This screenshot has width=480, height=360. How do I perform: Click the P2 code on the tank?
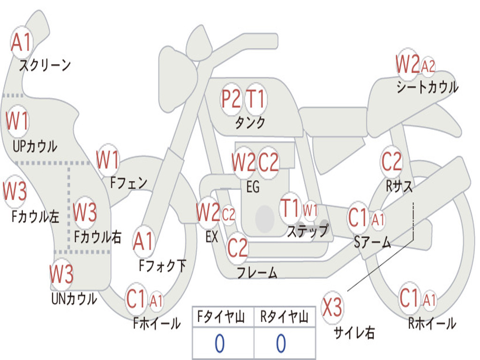point(231,99)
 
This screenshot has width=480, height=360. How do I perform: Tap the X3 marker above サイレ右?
point(332,307)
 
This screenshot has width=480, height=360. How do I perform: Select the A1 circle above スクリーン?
point(21,43)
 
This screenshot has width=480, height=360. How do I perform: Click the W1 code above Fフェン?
point(108,160)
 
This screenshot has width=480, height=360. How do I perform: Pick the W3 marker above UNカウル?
point(62,274)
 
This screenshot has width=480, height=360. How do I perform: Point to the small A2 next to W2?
point(428,67)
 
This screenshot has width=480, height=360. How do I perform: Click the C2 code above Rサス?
point(391,162)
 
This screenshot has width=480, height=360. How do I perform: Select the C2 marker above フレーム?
point(237,247)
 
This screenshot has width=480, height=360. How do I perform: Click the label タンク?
point(250,123)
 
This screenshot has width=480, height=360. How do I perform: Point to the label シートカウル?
point(427,88)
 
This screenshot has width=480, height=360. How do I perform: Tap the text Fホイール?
point(157,323)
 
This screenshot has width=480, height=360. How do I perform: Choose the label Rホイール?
point(432,323)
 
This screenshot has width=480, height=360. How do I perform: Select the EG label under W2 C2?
point(253,187)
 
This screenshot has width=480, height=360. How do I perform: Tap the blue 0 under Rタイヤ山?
point(281,344)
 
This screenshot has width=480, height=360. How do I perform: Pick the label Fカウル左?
point(36,217)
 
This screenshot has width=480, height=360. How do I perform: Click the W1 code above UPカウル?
point(17,121)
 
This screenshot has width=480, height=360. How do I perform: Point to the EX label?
point(212,237)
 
